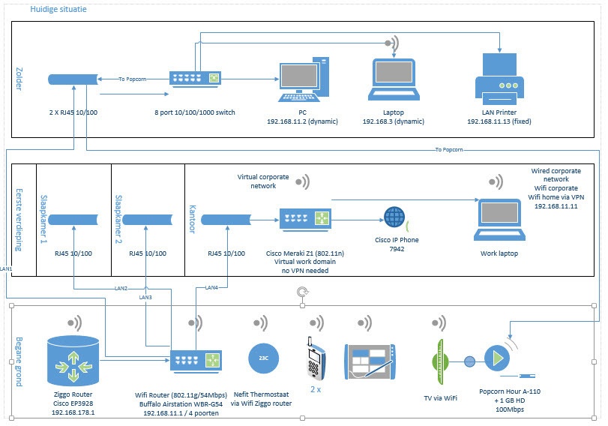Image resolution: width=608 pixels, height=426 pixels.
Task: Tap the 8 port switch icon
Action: coord(195,77)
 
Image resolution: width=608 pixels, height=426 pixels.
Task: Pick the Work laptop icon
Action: coord(498,218)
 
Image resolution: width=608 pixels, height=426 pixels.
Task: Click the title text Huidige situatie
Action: coord(58,10)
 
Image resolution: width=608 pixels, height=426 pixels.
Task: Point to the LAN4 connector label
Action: coord(211,287)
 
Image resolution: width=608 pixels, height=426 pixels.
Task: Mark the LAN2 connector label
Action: coord(121,289)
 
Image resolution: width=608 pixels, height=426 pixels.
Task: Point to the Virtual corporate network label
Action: coord(263,181)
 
